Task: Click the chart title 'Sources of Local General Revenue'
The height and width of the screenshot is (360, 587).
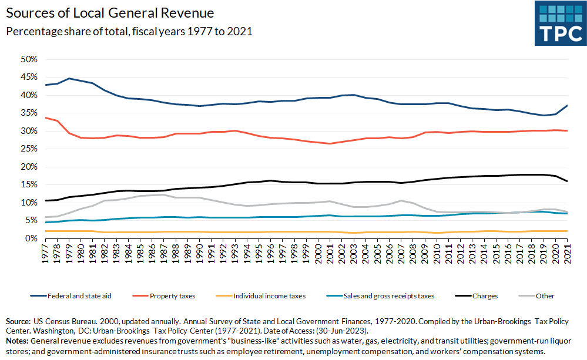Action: [110, 12]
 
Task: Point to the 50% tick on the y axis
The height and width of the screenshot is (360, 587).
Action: [29, 59]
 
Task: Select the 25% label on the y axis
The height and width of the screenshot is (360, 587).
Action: [29, 149]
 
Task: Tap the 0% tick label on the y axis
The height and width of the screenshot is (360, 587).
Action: [31, 238]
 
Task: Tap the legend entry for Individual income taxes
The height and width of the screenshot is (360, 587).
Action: [269, 296]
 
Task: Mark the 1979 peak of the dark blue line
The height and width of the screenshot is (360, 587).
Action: [69, 78]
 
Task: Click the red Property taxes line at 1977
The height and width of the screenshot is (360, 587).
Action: [45, 117]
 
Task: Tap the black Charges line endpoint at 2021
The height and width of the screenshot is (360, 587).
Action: [567, 181]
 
